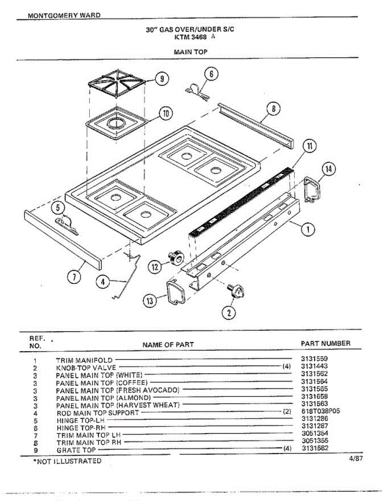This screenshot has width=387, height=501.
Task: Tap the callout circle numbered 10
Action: (166, 113)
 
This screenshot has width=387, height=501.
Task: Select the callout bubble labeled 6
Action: (211, 74)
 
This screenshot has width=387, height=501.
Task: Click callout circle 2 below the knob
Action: (229, 312)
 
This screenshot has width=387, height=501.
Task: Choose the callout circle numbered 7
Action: (74, 276)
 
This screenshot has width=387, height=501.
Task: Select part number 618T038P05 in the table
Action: (320, 411)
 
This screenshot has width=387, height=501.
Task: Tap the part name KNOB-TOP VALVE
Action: (83, 367)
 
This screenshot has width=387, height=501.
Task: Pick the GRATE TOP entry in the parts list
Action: (76, 450)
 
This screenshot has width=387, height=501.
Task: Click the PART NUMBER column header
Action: (325, 343)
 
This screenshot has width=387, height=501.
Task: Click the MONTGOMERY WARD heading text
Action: (64, 15)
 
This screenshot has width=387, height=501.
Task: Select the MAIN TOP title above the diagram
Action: (190, 52)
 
